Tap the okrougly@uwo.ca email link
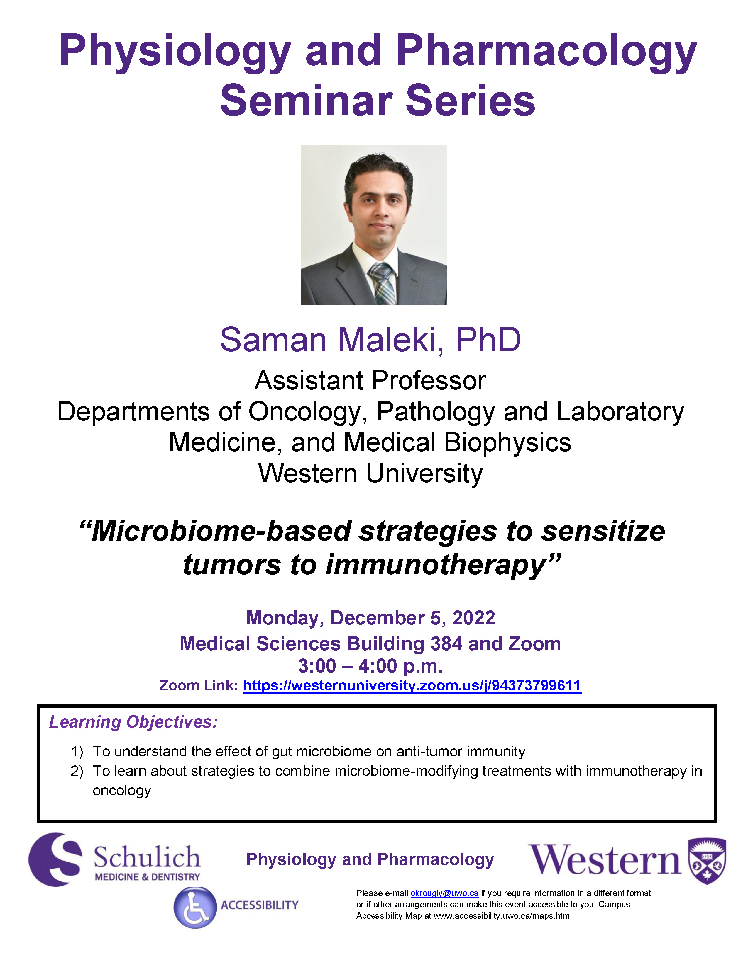444,893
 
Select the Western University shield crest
707,861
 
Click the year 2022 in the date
473,618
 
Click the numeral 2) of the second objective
77,771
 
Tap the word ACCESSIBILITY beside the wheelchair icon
260,905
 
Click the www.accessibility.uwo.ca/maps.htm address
501,916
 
